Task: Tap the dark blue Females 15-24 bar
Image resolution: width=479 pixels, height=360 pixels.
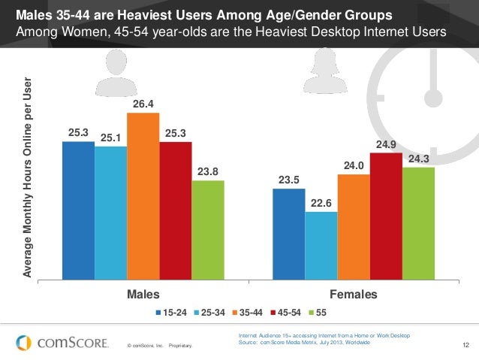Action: coord(288,233)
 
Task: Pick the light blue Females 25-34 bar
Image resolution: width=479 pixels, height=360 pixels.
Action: coord(321,245)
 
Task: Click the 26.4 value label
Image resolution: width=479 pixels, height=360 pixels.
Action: coord(143,105)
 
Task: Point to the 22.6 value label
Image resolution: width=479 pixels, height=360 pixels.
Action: coord(321,203)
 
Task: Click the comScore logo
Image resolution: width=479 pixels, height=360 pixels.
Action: coord(60,342)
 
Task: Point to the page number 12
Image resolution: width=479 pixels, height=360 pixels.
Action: coord(466,345)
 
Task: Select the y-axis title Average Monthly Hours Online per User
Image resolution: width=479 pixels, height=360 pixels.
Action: coord(28,177)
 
